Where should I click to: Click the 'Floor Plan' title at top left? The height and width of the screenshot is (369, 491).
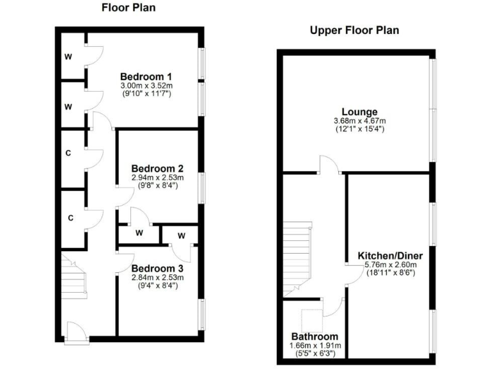point(129,8)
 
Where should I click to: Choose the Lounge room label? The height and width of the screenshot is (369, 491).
point(359,111)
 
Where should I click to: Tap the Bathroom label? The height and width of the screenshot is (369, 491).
point(315,336)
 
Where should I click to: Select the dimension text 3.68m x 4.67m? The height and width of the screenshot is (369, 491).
point(359,121)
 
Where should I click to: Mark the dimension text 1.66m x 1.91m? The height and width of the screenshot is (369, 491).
point(315,345)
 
